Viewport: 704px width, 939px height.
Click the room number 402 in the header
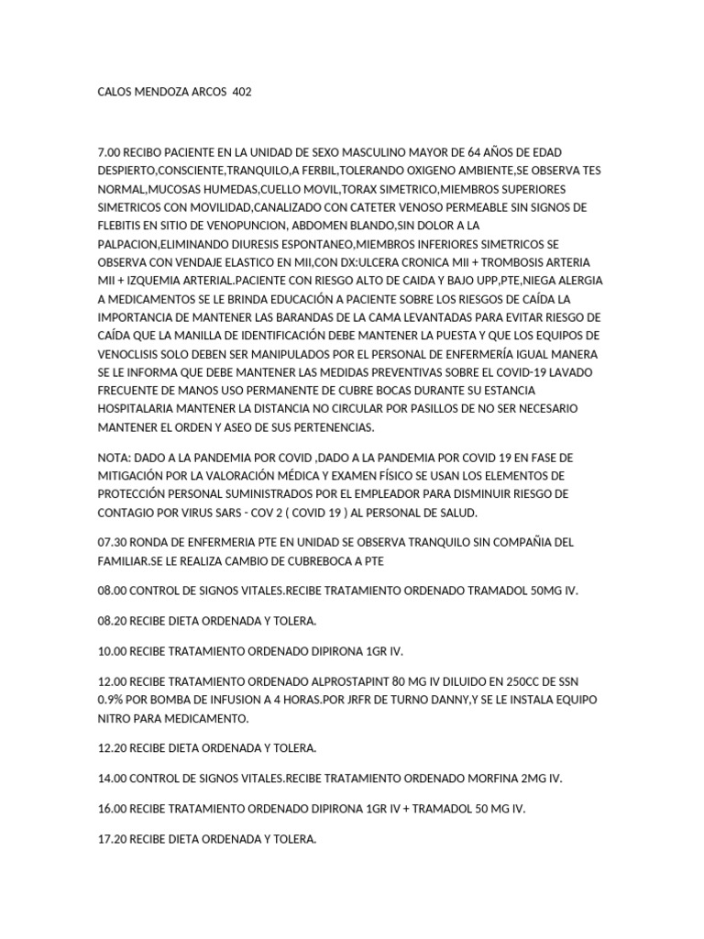[242, 93]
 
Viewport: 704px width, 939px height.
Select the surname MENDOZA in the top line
[167, 93]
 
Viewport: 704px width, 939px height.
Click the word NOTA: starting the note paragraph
[115, 457]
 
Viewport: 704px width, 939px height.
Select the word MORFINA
[489, 778]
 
